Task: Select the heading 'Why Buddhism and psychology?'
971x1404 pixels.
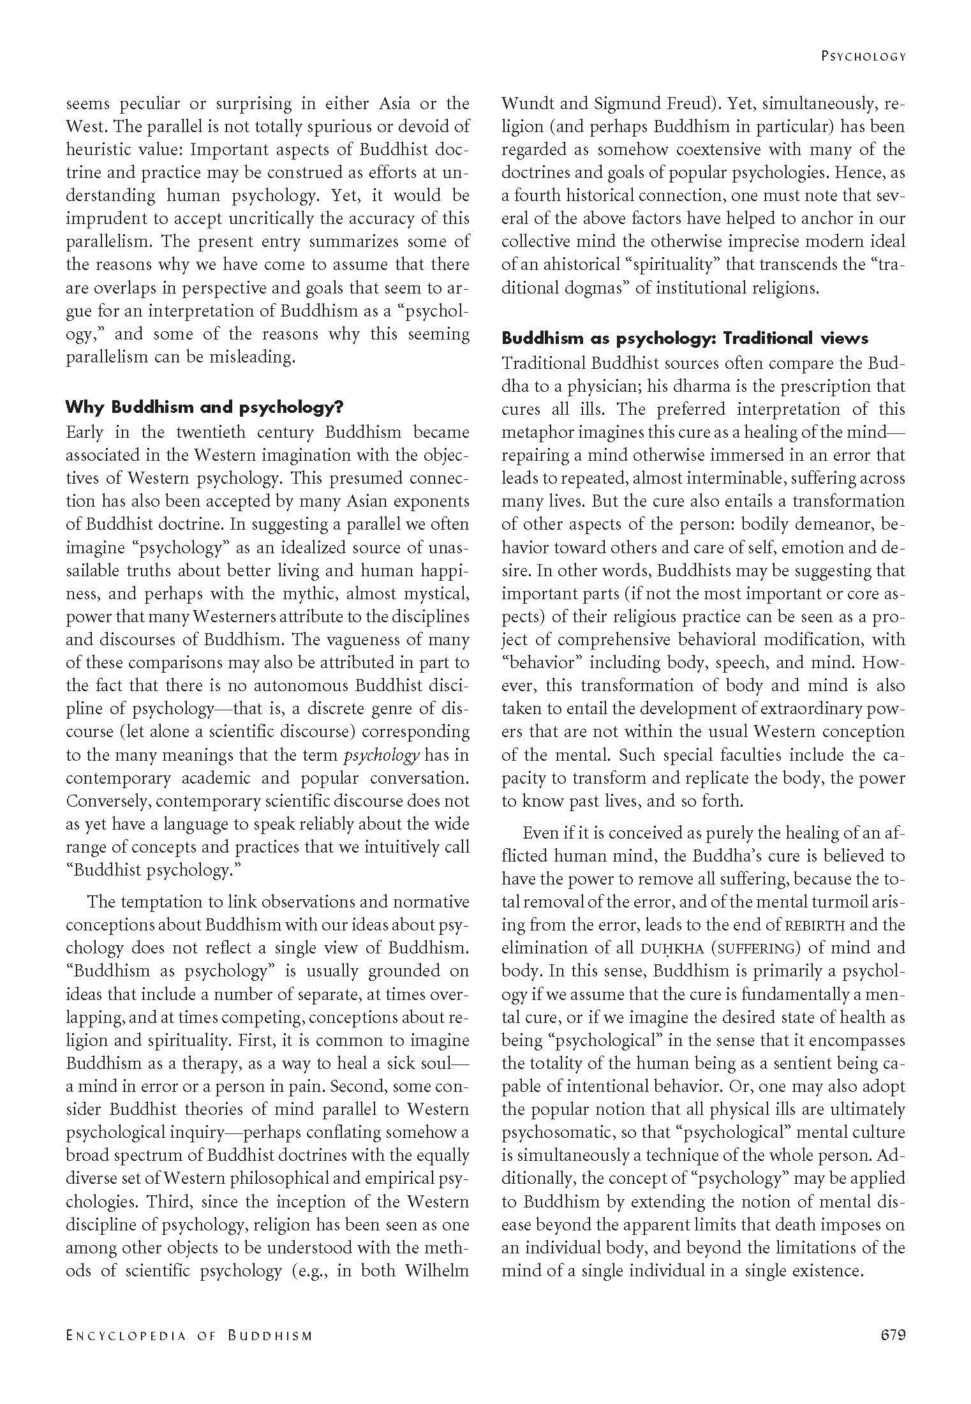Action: tap(205, 407)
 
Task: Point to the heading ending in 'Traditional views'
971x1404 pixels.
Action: tap(685, 338)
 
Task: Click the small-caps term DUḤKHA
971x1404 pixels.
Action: tap(672, 948)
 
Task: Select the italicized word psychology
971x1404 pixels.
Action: tap(382, 755)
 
